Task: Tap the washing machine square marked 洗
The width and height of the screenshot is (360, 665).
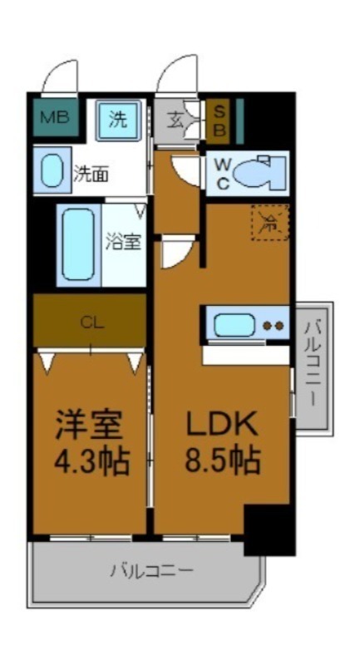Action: click(118, 120)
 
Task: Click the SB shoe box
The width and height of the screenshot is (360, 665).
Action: click(219, 120)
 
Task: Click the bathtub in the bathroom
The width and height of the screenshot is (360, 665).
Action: click(79, 246)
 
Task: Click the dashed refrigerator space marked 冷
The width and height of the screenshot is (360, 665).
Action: click(269, 223)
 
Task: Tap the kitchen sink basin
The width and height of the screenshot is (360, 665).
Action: click(234, 325)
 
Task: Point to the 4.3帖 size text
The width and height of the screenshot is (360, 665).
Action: click(91, 460)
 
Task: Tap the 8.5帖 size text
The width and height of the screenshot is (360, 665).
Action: click(220, 460)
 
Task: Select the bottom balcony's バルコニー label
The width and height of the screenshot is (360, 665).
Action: click(151, 572)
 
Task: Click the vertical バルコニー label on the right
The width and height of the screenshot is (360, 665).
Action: click(313, 366)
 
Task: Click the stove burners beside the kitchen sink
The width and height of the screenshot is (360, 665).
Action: click(272, 326)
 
